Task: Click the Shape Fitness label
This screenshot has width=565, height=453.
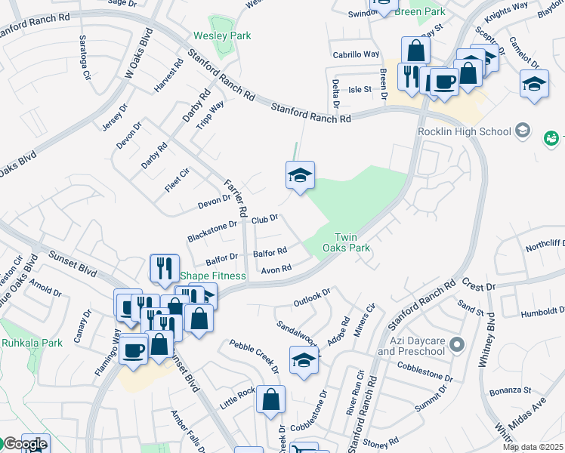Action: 212,276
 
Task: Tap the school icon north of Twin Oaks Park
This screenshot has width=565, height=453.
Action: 300,177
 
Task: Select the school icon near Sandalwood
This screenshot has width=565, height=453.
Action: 304,361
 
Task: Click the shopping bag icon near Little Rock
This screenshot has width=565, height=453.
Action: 270,399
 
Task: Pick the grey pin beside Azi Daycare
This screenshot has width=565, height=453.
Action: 456,346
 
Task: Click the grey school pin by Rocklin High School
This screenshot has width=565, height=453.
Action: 522,131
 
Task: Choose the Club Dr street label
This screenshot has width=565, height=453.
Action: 265,219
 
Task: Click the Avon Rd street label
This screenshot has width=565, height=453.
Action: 276,269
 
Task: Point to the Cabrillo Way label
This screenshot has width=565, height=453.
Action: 356,54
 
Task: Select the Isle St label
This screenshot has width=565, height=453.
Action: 360,89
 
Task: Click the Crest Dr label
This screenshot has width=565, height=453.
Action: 478,287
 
